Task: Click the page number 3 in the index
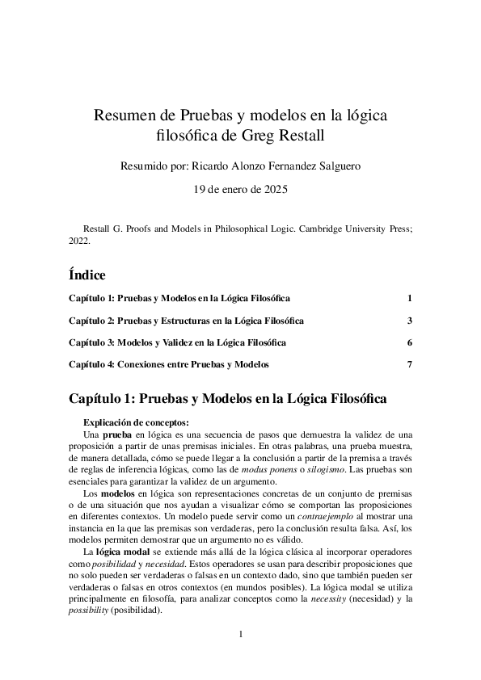[x=411, y=321]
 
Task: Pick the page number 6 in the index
[x=411, y=342]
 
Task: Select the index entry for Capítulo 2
[x=186, y=321]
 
